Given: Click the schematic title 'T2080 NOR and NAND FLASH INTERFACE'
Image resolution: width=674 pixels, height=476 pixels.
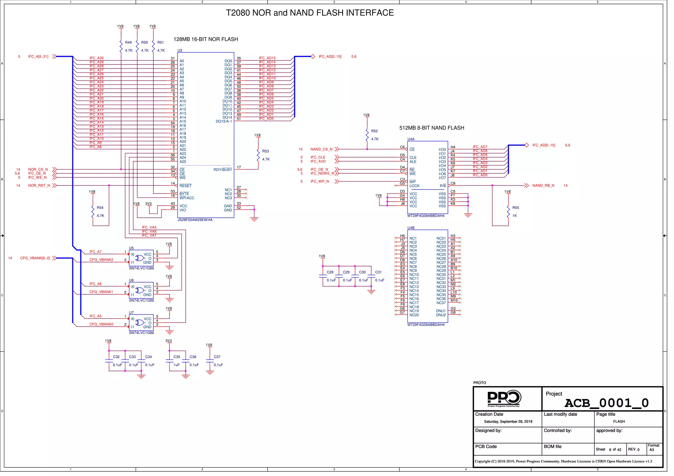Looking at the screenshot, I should (309, 13).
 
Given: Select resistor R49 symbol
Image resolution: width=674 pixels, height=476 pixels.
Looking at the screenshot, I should (121, 46).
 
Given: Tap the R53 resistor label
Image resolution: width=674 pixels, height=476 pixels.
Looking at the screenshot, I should (265, 151).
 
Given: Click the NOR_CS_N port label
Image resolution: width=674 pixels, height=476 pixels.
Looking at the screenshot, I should (38, 169).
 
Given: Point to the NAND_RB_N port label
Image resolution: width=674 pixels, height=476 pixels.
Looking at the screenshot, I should (543, 186).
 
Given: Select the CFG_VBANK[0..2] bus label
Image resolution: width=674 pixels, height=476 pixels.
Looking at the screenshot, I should (35, 258).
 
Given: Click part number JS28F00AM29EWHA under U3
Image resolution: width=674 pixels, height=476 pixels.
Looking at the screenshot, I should (195, 220).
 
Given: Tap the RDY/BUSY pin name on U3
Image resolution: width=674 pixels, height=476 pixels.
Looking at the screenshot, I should (222, 170).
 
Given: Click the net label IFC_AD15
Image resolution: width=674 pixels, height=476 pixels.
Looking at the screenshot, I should (267, 58).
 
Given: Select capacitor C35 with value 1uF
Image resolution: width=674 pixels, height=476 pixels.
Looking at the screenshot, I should (169, 361).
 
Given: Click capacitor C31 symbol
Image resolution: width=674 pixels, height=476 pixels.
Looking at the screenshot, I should (371, 276).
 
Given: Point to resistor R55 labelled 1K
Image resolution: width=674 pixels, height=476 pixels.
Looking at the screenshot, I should (508, 212).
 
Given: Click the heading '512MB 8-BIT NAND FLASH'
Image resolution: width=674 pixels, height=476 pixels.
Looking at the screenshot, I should (431, 128).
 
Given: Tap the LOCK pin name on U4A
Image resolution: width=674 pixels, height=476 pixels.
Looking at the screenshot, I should (414, 186).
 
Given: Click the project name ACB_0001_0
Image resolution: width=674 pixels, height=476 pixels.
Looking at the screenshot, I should (606, 403).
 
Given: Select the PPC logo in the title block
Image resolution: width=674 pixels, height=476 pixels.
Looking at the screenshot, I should (504, 398).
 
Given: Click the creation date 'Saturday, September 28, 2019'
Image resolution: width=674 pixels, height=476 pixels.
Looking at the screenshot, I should (508, 422).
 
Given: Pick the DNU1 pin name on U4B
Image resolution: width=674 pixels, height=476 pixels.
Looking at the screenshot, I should (441, 311).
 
